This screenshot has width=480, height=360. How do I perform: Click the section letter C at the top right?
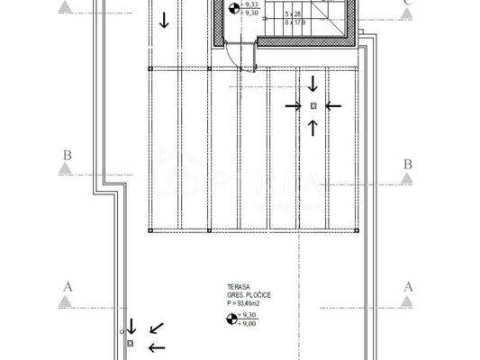pyautogui.click(x=408, y=3)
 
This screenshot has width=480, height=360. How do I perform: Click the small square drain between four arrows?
pyautogui.click(x=312, y=105)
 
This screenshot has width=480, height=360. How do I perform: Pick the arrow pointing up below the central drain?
pyautogui.click(x=312, y=126)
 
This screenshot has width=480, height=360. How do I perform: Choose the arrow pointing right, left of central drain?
pyautogui.click(x=292, y=105)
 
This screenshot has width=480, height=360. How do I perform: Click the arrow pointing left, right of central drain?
pyautogui.click(x=333, y=105)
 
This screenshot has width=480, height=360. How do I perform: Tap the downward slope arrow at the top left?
pyautogui.click(x=163, y=19)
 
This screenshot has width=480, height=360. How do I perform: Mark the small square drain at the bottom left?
pyautogui.click(x=130, y=344)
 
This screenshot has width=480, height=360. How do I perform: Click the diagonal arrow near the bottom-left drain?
pyautogui.click(x=157, y=328)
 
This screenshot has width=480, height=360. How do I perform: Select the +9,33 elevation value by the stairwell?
pyautogui.click(x=252, y=5)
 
